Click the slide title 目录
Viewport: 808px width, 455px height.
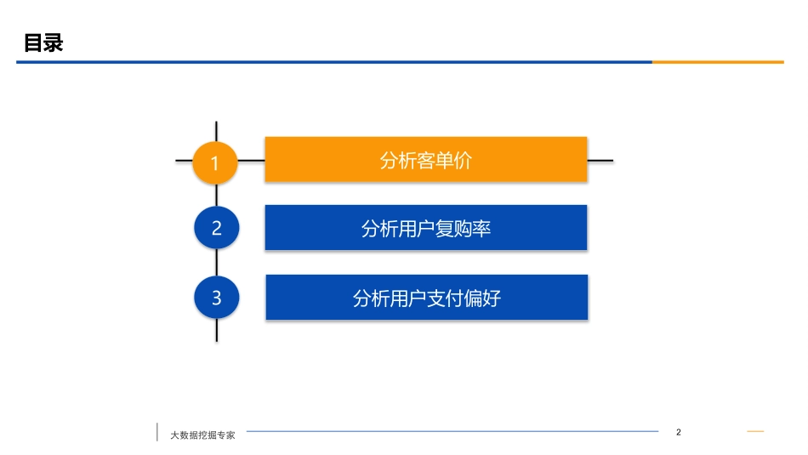(43, 43)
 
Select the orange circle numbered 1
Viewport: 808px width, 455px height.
(215, 161)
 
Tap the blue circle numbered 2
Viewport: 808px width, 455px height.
(216, 228)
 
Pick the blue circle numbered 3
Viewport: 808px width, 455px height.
(216, 298)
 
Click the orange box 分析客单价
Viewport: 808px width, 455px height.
(425, 159)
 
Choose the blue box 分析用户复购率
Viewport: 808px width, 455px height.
(425, 228)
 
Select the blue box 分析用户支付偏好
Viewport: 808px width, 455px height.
(426, 298)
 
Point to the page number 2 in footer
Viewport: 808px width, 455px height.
(678, 432)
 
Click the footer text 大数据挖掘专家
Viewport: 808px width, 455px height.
(202, 435)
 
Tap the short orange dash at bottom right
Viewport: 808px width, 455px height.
(755, 432)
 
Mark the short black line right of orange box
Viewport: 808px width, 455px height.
(600, 160)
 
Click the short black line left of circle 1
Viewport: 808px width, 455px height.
(184, 160)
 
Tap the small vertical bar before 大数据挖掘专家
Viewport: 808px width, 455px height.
(157, 432)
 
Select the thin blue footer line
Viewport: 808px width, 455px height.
(451, 431)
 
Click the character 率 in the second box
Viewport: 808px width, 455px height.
(481, 229)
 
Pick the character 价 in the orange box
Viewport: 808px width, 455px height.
(462, 161)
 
